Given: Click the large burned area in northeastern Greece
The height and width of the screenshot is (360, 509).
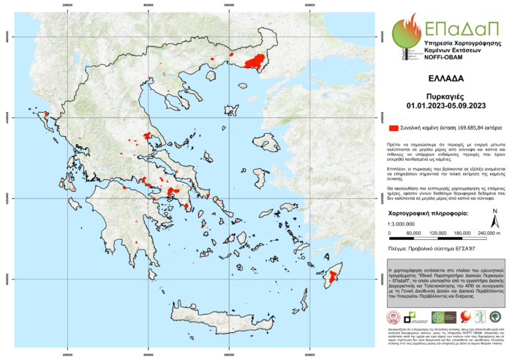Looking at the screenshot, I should click(255, 63).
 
